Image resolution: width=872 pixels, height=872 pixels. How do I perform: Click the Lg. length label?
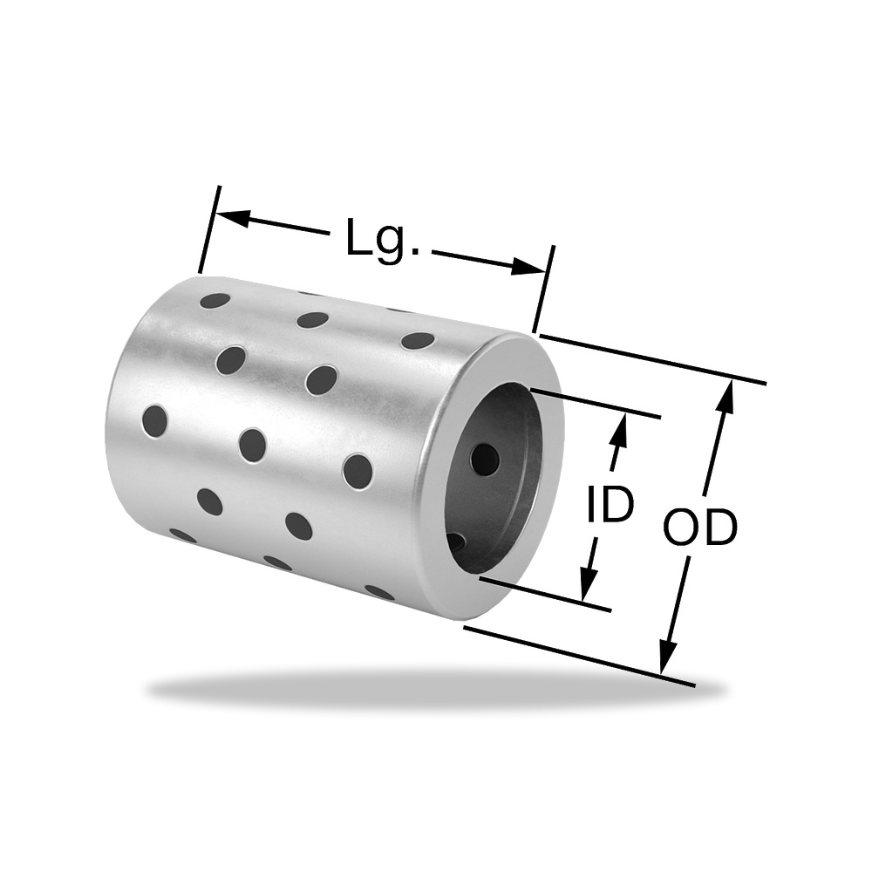pos(382,239)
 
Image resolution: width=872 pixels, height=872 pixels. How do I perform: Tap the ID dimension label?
pos(610,504)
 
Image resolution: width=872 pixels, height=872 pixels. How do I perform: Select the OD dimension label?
pos(700,528)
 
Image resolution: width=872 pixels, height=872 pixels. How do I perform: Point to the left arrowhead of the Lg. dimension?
pos(233,218)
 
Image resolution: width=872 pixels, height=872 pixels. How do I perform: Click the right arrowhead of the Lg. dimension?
pos(528,266)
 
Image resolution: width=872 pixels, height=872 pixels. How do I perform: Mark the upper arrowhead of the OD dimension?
pos(726,397)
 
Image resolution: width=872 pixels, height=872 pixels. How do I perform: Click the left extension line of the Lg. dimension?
pos(209,230)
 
